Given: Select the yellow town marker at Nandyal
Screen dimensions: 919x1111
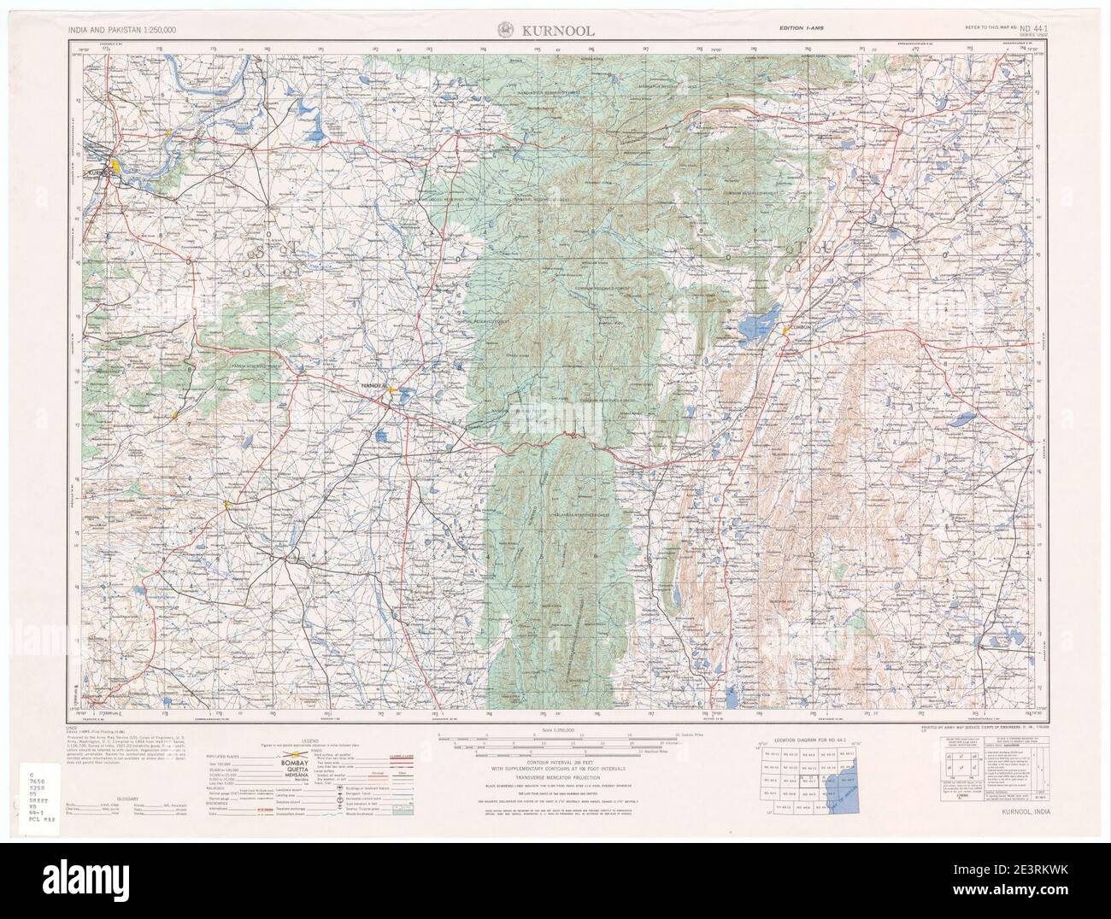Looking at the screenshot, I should click(392, 389).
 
